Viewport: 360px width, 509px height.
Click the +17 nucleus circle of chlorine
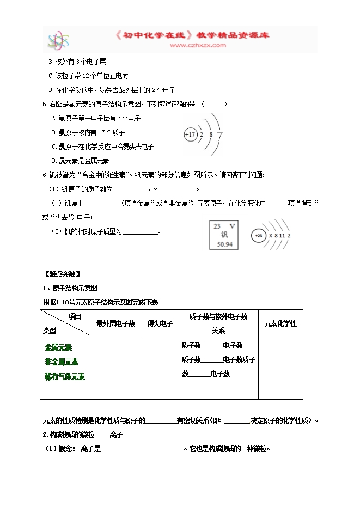point(190,134)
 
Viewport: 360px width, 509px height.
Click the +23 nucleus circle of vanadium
point(259,236)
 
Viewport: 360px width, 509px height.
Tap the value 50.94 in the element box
point(224,244)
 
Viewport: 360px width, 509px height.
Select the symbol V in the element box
point(233,226)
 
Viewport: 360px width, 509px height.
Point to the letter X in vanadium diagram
point(269,236)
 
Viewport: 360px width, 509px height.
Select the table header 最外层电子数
point(115,323)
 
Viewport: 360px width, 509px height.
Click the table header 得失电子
point(160,323)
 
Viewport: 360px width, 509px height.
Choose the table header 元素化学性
point(280,323)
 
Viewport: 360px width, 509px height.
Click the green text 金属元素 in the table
point(59,347)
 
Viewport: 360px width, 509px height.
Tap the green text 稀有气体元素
point(65,376)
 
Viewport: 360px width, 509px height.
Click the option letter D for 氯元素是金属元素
point(53,160)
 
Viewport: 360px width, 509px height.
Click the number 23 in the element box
point(217,226)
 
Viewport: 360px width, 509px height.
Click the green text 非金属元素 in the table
point(62,361)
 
